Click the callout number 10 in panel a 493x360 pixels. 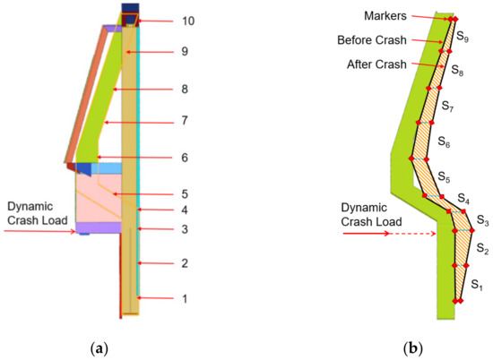tap(188, 21)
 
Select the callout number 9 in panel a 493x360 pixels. tap(185, 53)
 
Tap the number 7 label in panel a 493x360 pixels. tap(185, 120)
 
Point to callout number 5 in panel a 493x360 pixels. tap(185, 194)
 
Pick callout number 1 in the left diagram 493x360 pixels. tap(185, 298)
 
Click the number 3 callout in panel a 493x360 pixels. tap(185, 230)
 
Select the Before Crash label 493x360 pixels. tap(372, 40)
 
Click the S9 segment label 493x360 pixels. tap(462, 39)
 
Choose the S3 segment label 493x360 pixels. tap(482, 220)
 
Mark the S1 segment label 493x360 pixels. tap(477, 286)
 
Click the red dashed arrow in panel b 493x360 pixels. tap(411, 234)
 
